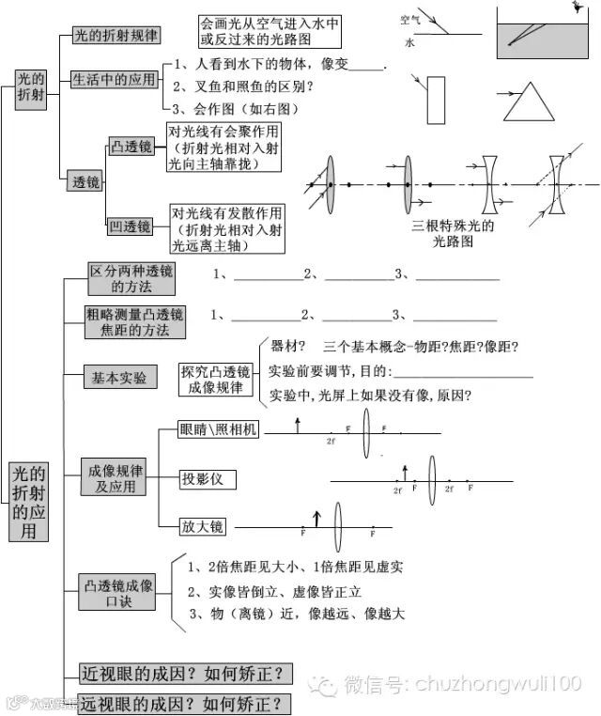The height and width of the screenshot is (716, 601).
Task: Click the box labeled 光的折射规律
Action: click(115, 36)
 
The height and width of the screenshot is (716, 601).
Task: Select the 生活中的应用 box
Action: click(114, 80)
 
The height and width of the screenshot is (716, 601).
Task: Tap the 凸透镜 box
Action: click(131, 147)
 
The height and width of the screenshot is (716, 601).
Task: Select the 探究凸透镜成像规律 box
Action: click(217, 378)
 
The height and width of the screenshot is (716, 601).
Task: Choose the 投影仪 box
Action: click(208, 479)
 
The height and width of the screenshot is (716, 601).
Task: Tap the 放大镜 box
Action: click(203, 526)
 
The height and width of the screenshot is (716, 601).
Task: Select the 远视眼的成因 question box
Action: click(183, 703)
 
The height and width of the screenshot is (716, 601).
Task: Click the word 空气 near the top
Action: click(410, 20)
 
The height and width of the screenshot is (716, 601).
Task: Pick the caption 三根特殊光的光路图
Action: click(453, 234)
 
